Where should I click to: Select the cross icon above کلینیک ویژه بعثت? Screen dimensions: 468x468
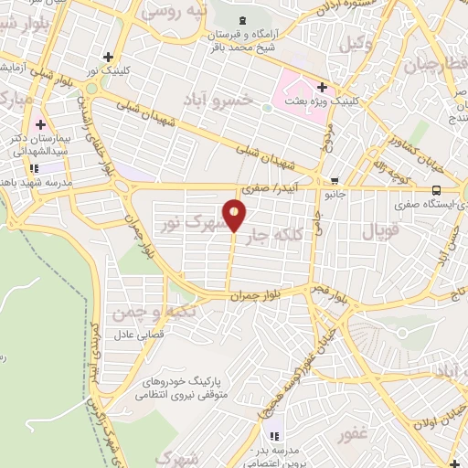tap(321, 86)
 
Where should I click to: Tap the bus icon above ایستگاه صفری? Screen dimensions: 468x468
tap(435, 190)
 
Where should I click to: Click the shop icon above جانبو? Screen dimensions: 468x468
tap(335, 181)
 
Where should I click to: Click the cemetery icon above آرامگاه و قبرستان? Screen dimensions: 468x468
tap(241, 20)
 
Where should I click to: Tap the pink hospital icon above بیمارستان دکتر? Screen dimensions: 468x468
tap(39, 123)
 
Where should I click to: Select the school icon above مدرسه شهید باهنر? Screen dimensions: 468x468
tap(34, 168)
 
